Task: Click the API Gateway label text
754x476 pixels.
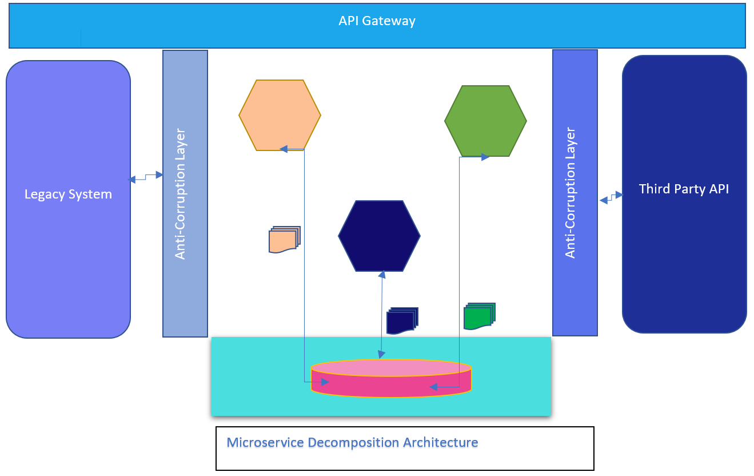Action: tap(377, 21)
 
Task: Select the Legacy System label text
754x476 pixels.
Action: tap(68, 194)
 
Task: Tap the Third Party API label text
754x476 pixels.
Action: tap(684, 189)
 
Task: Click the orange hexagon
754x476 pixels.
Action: tap(280, 115)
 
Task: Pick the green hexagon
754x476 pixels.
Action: tap(485, 121)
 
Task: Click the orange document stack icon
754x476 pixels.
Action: tap(284, 240)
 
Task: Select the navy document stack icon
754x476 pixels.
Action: tap(402, 321)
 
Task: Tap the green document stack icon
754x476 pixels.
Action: tap(479, 316)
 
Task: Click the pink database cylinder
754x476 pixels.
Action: tap(391, 379)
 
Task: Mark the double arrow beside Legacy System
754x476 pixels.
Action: tap(146, 177)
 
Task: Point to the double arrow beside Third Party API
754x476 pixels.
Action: tap(611, 197)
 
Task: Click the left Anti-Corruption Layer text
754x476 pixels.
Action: tap(180, 194)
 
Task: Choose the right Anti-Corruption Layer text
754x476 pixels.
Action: tap(570, 192)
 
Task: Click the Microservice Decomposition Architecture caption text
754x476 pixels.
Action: tap(352, 442)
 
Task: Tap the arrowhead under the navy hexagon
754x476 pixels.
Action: tap(382, 275)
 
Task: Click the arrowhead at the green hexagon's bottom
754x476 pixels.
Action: tap(485, 157)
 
